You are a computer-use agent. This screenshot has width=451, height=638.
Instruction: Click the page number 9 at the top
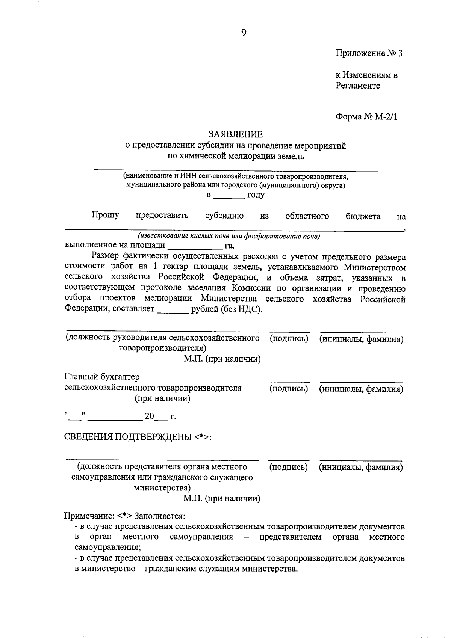244,33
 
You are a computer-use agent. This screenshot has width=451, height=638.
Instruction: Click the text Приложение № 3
369,53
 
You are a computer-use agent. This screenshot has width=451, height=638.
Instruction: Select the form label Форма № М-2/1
366,117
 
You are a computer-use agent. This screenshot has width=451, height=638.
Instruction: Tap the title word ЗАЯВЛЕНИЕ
236,134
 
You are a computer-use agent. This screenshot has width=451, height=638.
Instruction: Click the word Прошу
105,215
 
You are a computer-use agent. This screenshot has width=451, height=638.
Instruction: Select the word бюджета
363,216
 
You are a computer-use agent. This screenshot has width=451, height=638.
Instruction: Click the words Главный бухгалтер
102,377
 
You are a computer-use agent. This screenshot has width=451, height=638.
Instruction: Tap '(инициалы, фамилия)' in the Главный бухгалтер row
361,389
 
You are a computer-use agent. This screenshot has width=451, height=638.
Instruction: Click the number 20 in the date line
149,416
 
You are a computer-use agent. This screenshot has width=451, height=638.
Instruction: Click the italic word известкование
157,236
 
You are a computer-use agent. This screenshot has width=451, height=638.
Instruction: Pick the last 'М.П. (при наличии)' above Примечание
222,499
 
